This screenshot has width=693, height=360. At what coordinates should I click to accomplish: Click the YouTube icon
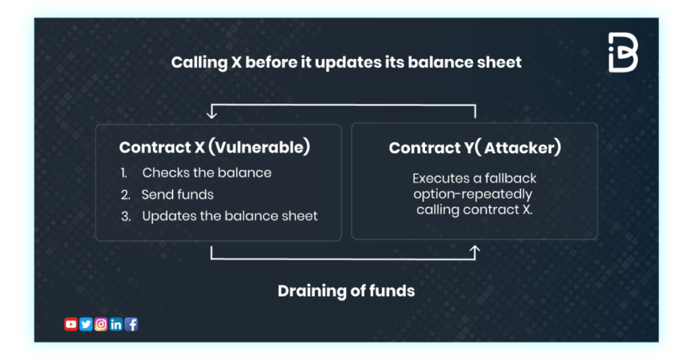click(x=70, y=324)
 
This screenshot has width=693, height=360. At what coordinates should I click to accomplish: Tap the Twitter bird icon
click(x=86, y=324)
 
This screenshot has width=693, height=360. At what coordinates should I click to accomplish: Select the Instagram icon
click(x=101, y=324)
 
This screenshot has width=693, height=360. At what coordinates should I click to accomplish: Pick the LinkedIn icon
click(x=116, y=324)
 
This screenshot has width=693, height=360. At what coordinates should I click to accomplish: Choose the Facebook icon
click(x=131, y=324)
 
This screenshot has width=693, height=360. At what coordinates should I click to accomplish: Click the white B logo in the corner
click(x=623, y=52)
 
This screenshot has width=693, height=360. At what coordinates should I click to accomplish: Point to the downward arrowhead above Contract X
click(x=212, y=114)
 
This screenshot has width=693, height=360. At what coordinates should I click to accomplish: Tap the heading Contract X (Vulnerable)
click(x=215, y=147)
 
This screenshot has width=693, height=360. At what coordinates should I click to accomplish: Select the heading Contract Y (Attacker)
click(x=475, y=148)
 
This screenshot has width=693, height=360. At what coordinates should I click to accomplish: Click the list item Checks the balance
click(x=207, y=173)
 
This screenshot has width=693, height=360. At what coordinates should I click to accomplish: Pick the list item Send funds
click(x=178, y=195)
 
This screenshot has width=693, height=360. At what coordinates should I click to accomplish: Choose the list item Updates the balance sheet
click(x=230, y=216)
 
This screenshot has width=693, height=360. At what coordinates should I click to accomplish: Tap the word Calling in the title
click(x=200, y=63)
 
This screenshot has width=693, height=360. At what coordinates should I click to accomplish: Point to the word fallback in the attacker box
click(x=511, y=179)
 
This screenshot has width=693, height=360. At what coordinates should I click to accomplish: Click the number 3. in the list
click(x=126, y=217)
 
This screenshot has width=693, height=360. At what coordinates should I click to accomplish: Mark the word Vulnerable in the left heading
click(x=259, y=147)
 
